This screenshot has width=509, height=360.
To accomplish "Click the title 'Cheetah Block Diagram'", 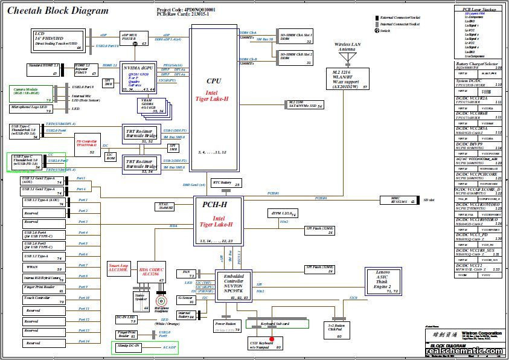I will click(x=58, y=11).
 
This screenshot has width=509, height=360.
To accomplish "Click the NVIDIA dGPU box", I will click(x=139, y=77).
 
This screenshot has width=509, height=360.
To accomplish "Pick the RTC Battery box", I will click(x=226, y=183).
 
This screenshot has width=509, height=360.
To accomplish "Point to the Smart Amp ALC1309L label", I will click(x=118, y=268).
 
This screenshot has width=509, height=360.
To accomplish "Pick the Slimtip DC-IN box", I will click(x=129, y=347).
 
